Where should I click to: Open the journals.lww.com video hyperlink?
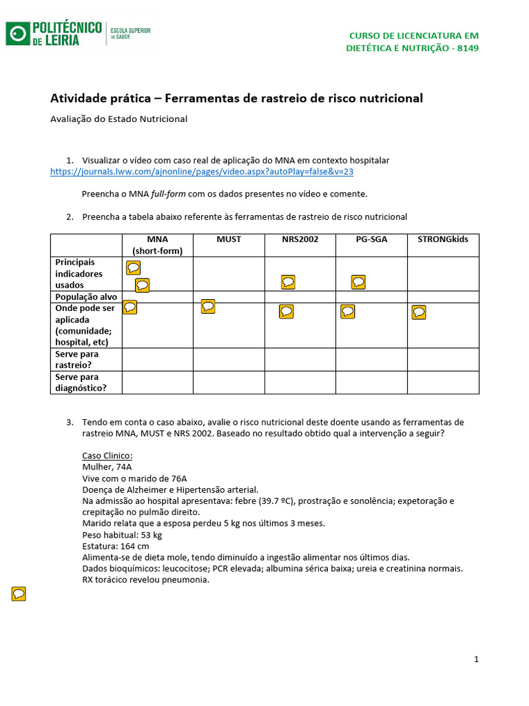[x=202, y=172]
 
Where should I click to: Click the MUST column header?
[x=229, y=239]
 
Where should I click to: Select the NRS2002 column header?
[x=300, y=239]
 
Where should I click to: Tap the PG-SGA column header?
[x=371, y=239]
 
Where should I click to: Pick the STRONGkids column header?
[x=443, y=239]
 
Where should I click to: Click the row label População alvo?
[x=86, y=297]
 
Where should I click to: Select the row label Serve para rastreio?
[x=77, y=359]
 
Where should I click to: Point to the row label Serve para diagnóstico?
[x=81, y=382]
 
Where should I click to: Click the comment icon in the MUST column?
[x=209, y=307]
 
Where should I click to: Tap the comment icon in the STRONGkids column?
[x=419, y=312]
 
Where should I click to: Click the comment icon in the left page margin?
[x=19, y=594]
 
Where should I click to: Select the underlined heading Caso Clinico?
[x=107, y=456]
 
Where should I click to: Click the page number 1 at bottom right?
[x=476, y=659]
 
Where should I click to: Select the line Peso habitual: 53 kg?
[x=122, y=534]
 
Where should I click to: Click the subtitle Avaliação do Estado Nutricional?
[x=119, y=119]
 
